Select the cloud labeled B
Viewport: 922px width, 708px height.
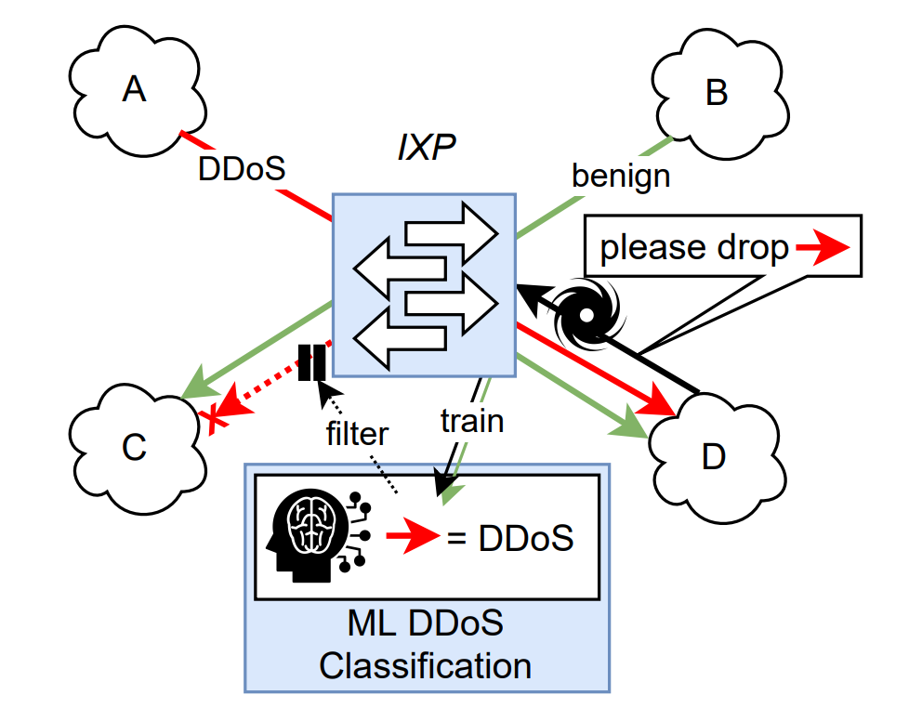pyautogui.click(x=716, y=93)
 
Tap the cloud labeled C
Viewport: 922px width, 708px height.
pyautogui.click(x=134, y=447)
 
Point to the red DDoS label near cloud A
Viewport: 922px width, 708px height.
pyautogui.click(x=242, y=169)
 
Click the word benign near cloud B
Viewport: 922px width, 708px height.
pyautogui.click(x=621, y=175)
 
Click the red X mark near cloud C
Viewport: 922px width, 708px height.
pyautogui.click(x=213, y=419)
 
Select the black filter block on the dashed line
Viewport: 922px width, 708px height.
pyautogui.click(x=311, y=362)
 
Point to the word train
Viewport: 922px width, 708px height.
pyautogui.click(x=471, y=420)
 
